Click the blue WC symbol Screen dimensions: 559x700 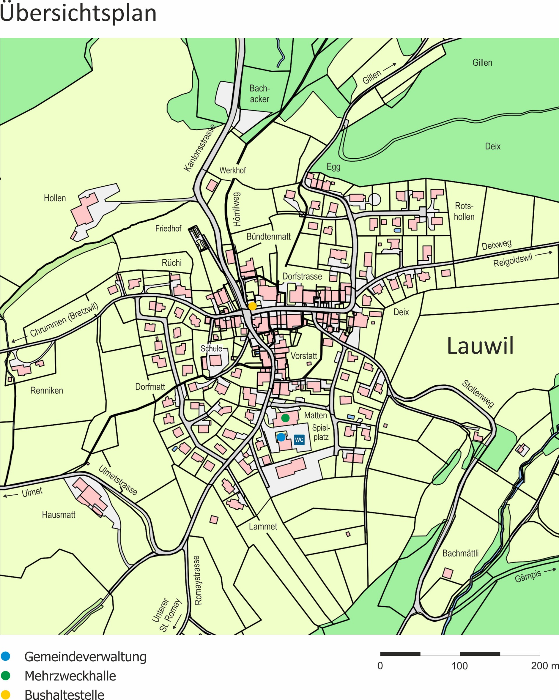point(299,440)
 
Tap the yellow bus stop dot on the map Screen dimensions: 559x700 point(252,306)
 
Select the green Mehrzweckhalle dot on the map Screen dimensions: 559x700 point(285,418)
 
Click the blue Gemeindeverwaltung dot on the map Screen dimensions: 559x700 point(281,437)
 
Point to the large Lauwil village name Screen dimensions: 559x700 point(480,346)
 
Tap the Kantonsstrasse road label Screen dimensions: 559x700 point(199,148)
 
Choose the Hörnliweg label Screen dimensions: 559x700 point(237,209)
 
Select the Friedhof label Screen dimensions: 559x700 point(168,228)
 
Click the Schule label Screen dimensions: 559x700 point(211,348)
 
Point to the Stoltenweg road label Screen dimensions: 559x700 point(478,394)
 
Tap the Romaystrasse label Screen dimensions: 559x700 point(198,580)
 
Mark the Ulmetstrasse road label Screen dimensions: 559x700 point(118,480)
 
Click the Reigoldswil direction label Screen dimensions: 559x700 point(513,260)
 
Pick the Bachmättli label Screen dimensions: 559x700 point(460,553)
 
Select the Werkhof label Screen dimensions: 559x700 point(233,171)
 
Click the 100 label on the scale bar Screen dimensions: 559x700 point(459,666)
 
